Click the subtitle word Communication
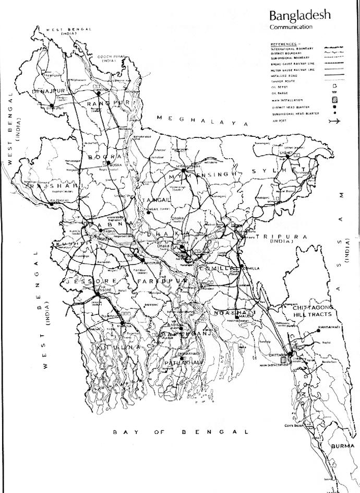pyautogui.click(x=291, y=27)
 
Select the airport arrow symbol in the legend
pyautogui.click(x=334, y=122)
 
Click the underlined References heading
pyautogui.click(x=284, y=44)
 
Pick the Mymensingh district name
pyautogui.click(x=200, y=176)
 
